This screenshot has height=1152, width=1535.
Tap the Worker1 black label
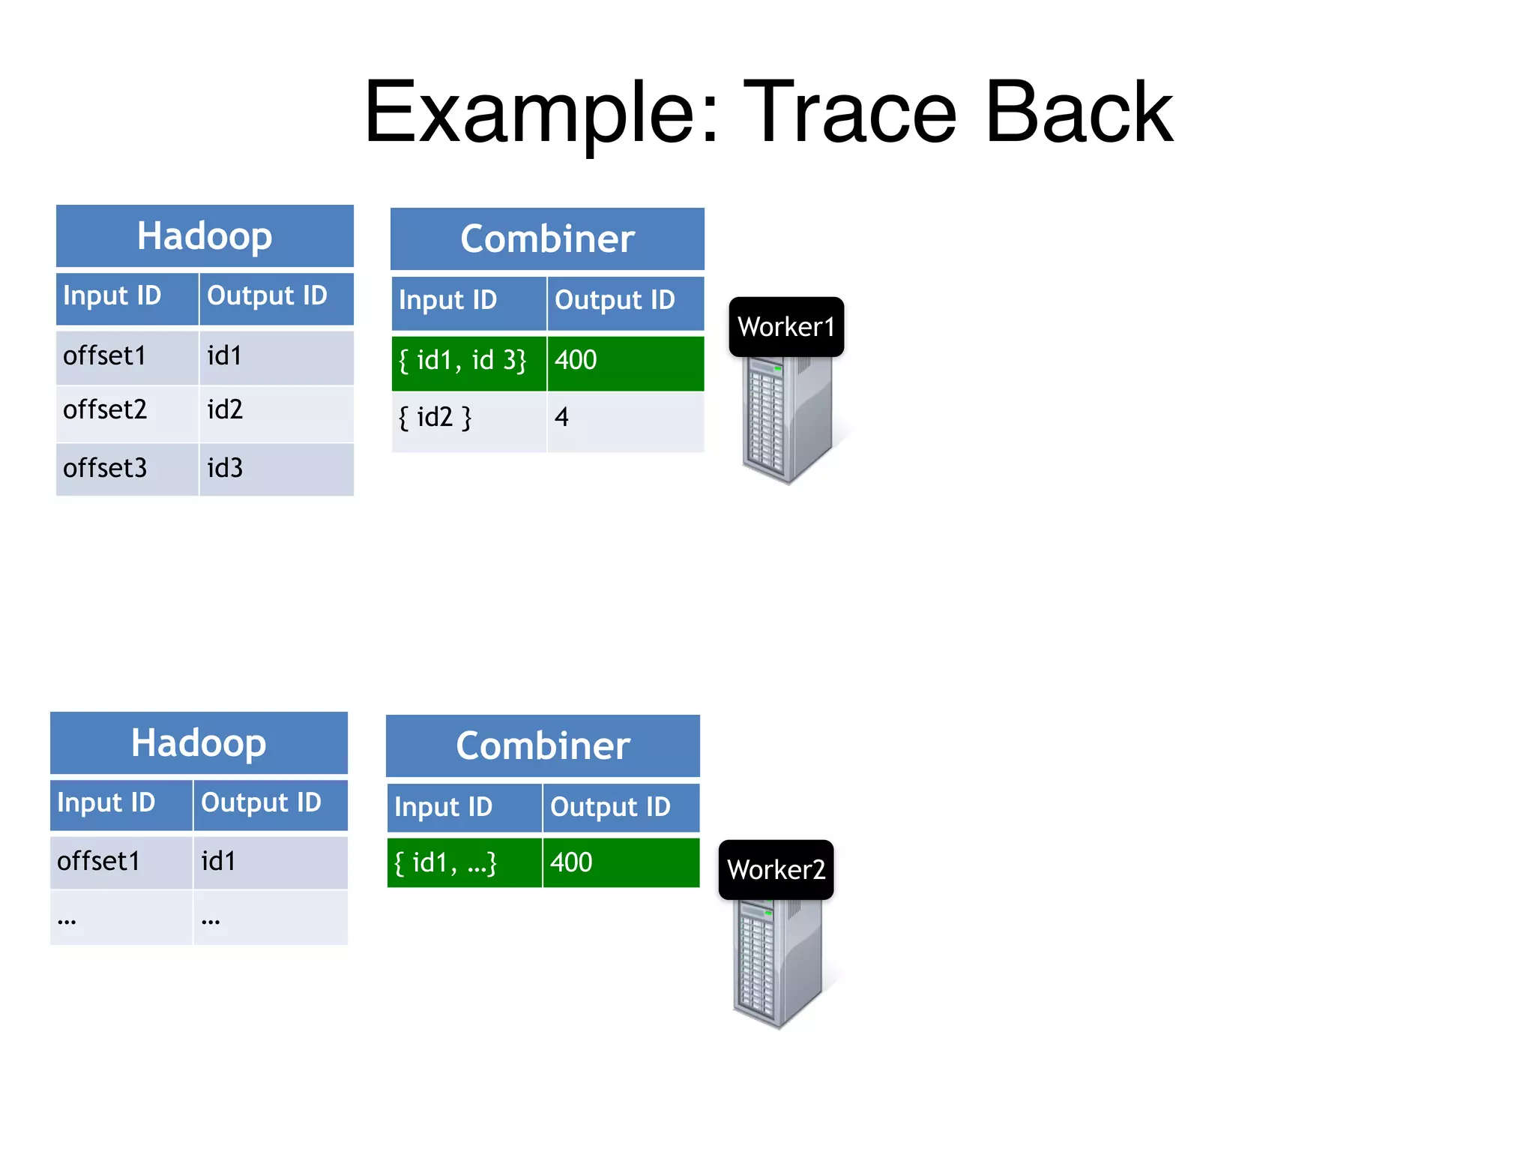(x=786, y=327)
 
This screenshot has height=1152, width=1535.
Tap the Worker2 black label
(x=776, y=870)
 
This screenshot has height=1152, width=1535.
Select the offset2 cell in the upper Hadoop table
(x=127, y=410)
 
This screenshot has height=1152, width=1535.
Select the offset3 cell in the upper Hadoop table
(x=127, y=469)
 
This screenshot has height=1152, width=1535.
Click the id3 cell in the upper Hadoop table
(x=276, y=469)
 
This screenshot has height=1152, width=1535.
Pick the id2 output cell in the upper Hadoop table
(x=276, y=410)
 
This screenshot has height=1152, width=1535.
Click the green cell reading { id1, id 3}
(x=468, y=361)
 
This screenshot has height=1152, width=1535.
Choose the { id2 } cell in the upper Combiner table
(x=468, y=418)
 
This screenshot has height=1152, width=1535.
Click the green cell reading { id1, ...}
(x=464, y=863)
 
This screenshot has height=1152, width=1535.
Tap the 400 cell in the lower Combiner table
(x=621, y=863)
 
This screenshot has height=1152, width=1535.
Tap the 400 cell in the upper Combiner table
(x=625, y=361)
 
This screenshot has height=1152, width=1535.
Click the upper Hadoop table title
(x=205, y=236)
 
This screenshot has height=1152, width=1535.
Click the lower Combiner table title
(x=543, y=746)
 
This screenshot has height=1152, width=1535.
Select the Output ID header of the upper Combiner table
(x=625, y=301)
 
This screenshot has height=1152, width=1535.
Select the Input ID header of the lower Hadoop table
(x=121, y=803)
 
